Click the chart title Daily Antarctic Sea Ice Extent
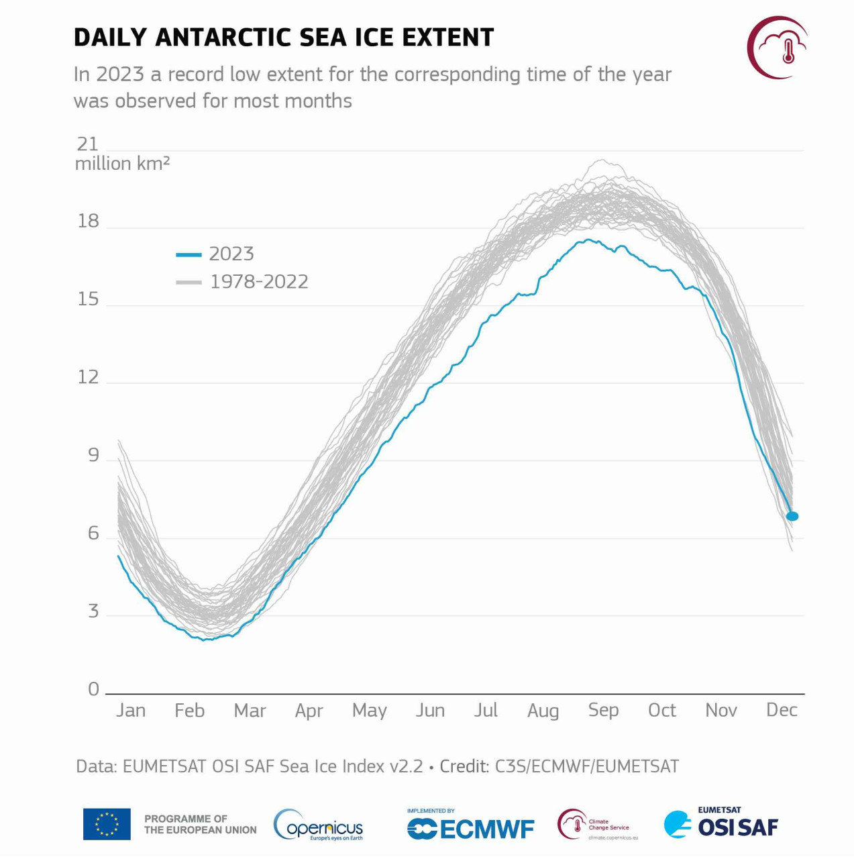283,38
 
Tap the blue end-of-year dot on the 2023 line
792,516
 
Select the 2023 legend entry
215,254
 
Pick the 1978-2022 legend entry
242,282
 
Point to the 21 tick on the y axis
88,144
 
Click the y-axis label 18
88,221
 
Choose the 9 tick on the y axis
93,455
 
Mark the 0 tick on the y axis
93,689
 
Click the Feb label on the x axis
189,710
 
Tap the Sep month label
603,710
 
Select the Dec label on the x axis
782,710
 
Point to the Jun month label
430,710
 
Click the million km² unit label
122,164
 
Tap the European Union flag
107,824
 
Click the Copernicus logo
319,825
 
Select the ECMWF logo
471,827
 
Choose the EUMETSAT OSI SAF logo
721,824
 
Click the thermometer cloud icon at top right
778,47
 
